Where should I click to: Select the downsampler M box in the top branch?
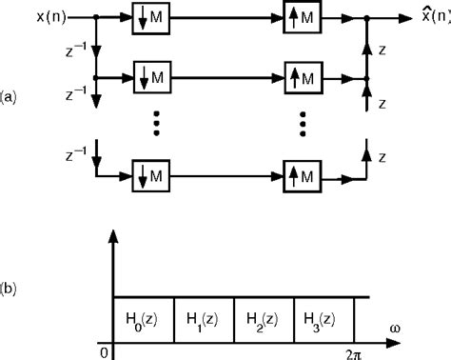(150, 19)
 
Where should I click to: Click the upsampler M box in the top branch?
(304, 19)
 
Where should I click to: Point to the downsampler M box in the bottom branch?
(150, 175)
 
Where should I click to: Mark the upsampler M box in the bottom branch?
(304, 175)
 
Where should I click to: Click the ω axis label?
(395, 329)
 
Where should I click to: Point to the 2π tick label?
(361, 352)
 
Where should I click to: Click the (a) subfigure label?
(9, 97)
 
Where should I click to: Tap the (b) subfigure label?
(9, 283)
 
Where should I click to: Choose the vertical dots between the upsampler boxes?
(304, 124)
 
